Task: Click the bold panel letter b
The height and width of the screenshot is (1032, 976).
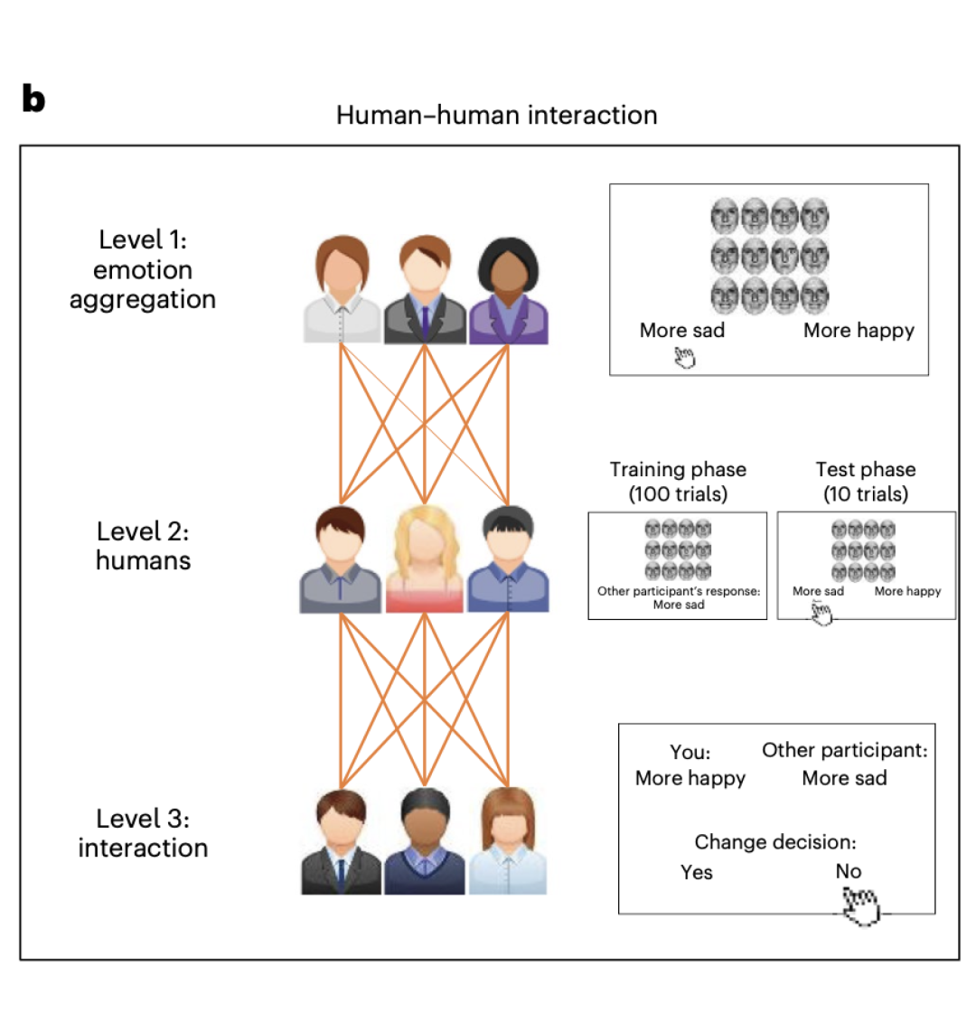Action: click(x=33, y=99)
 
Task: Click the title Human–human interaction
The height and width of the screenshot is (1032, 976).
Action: click(x=496, y=116)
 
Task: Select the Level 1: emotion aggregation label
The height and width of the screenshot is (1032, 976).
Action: click(x=143, y=269)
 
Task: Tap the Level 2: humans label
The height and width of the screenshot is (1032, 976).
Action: click(x=143, y=546)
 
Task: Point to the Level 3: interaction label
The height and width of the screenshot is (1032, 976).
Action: click(x=143, y=833)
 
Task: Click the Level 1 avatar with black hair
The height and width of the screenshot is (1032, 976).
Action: click(x=508, y=291)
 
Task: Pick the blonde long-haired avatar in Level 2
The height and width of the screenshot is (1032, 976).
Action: click(x=424, y=560)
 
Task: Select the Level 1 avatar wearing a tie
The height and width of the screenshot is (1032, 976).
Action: click(x=424, y=291)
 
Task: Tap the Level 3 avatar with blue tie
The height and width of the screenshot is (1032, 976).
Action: click(x=341, y=842)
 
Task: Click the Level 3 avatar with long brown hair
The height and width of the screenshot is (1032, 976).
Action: click(x=508, y=842)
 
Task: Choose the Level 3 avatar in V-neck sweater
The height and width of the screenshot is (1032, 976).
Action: click(x=424, y=842)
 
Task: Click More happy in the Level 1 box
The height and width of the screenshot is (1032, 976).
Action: click(x=859, y=331)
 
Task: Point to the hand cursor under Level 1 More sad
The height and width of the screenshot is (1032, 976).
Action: click(x=685, y=359)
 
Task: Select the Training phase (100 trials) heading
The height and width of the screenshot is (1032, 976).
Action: click(x=678, y=482)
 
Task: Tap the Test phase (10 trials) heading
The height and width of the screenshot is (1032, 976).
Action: click(x=866, y=482)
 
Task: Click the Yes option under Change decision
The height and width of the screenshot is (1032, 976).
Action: click(x=697, y=872)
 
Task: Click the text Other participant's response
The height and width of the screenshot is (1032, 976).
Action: click(x=679, y=592)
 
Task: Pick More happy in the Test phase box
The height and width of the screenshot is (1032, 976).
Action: click(x=907, y=591)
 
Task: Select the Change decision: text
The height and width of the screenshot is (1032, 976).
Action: click(x=775, y=842)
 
